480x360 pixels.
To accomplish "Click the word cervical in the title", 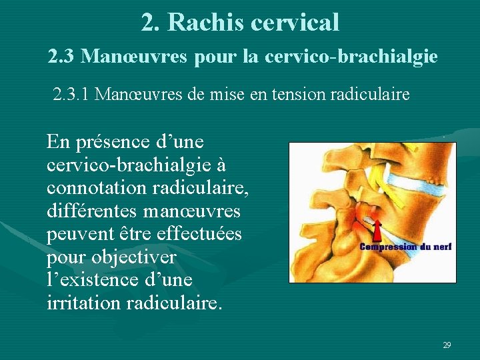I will click(295, 23).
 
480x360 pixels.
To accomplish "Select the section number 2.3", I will click(62, 57).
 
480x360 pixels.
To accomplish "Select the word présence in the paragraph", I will click(107, 141).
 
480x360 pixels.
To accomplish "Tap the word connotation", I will click(97, 189).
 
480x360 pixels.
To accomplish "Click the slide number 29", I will click(447, 345).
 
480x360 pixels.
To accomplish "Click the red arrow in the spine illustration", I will click(377, 231).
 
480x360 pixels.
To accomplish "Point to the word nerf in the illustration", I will click(443, 247).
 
